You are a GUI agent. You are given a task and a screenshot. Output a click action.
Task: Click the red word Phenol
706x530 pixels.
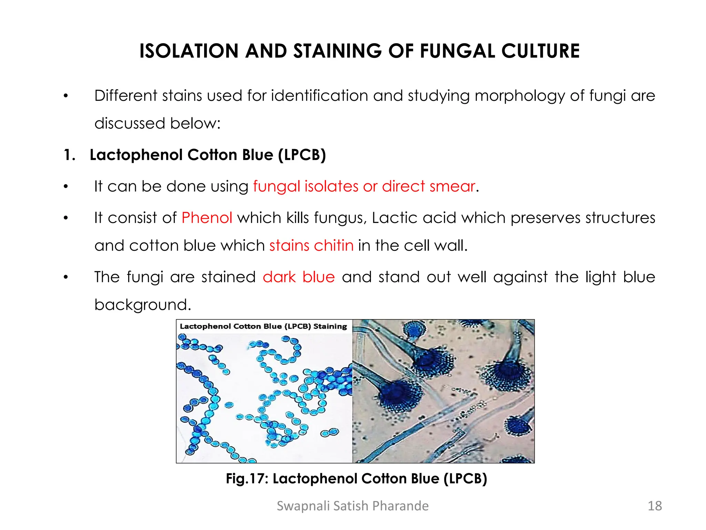point(207,218)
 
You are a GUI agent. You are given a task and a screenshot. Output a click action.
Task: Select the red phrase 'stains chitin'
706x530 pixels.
point(311,246)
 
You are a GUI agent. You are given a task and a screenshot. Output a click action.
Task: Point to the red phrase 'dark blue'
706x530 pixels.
point(299,277)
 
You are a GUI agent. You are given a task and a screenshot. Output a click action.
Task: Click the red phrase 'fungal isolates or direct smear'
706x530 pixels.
point(364,186)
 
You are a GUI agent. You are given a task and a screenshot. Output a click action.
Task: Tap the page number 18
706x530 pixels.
point(655,506)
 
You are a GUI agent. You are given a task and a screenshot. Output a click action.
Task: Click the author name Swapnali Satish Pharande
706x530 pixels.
point(353,506)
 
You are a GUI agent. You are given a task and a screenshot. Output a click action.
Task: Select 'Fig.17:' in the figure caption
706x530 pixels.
point(247,479)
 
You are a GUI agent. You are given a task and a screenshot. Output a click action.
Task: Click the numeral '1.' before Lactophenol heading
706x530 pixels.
point(70,155)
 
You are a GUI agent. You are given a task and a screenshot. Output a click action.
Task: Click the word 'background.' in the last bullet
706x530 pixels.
point(143,305)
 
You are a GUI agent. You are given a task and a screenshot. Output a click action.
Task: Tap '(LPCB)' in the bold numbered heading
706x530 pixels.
point(302,155)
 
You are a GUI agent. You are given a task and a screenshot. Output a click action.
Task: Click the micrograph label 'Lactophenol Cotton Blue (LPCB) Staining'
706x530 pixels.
point(263,326)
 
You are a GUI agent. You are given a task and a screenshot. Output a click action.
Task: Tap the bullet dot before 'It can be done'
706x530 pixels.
point(66,187)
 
